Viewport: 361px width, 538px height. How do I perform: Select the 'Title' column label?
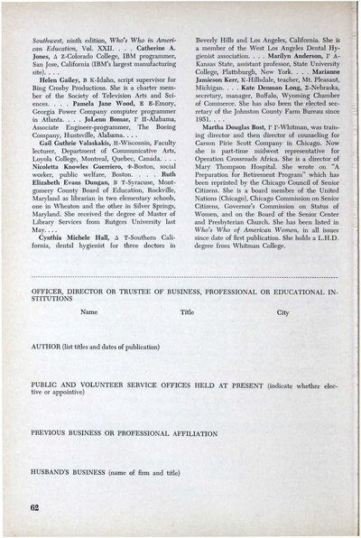(x=187, y=311)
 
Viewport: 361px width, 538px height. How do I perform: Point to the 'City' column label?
(x=282, y=311)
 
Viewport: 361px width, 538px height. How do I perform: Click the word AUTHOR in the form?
(x=45, y=346)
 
